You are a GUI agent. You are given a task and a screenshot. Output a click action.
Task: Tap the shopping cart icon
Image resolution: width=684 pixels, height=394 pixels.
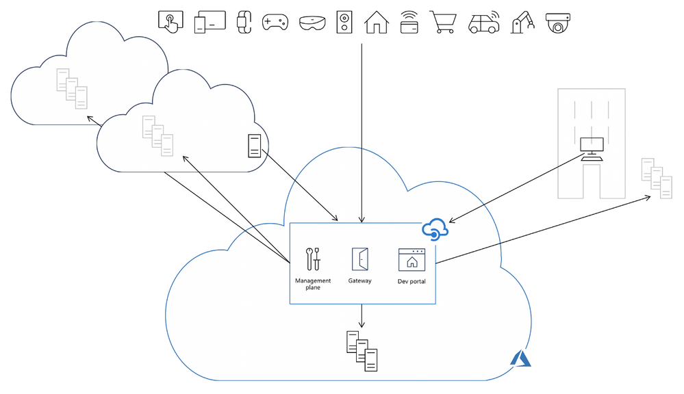443,22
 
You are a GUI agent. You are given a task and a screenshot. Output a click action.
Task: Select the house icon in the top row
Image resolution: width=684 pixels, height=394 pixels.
376,22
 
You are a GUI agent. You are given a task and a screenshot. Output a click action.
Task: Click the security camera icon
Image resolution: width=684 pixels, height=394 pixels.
558,23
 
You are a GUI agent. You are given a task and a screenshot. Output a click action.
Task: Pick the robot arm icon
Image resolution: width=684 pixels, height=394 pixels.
522,22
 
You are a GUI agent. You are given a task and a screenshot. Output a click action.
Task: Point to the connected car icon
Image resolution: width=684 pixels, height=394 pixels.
483,23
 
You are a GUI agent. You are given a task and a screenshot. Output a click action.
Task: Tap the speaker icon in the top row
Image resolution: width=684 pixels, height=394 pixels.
344,22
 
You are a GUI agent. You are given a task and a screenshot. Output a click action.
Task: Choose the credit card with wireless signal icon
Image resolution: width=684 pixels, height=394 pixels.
409,23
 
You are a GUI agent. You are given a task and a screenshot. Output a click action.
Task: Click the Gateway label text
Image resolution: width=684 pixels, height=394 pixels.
360,281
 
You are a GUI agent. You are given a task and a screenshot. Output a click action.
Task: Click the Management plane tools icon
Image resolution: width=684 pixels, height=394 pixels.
314,259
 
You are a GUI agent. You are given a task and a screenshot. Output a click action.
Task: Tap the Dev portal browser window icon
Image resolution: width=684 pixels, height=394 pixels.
412,260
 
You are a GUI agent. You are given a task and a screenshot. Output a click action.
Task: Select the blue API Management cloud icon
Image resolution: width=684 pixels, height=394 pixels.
435,230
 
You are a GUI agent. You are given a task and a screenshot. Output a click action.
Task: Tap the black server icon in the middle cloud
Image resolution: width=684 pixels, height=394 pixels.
254,146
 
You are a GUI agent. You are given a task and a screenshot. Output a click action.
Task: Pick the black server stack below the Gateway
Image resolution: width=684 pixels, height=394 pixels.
362,350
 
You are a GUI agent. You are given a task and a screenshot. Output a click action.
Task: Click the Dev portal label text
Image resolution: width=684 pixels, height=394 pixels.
412,282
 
